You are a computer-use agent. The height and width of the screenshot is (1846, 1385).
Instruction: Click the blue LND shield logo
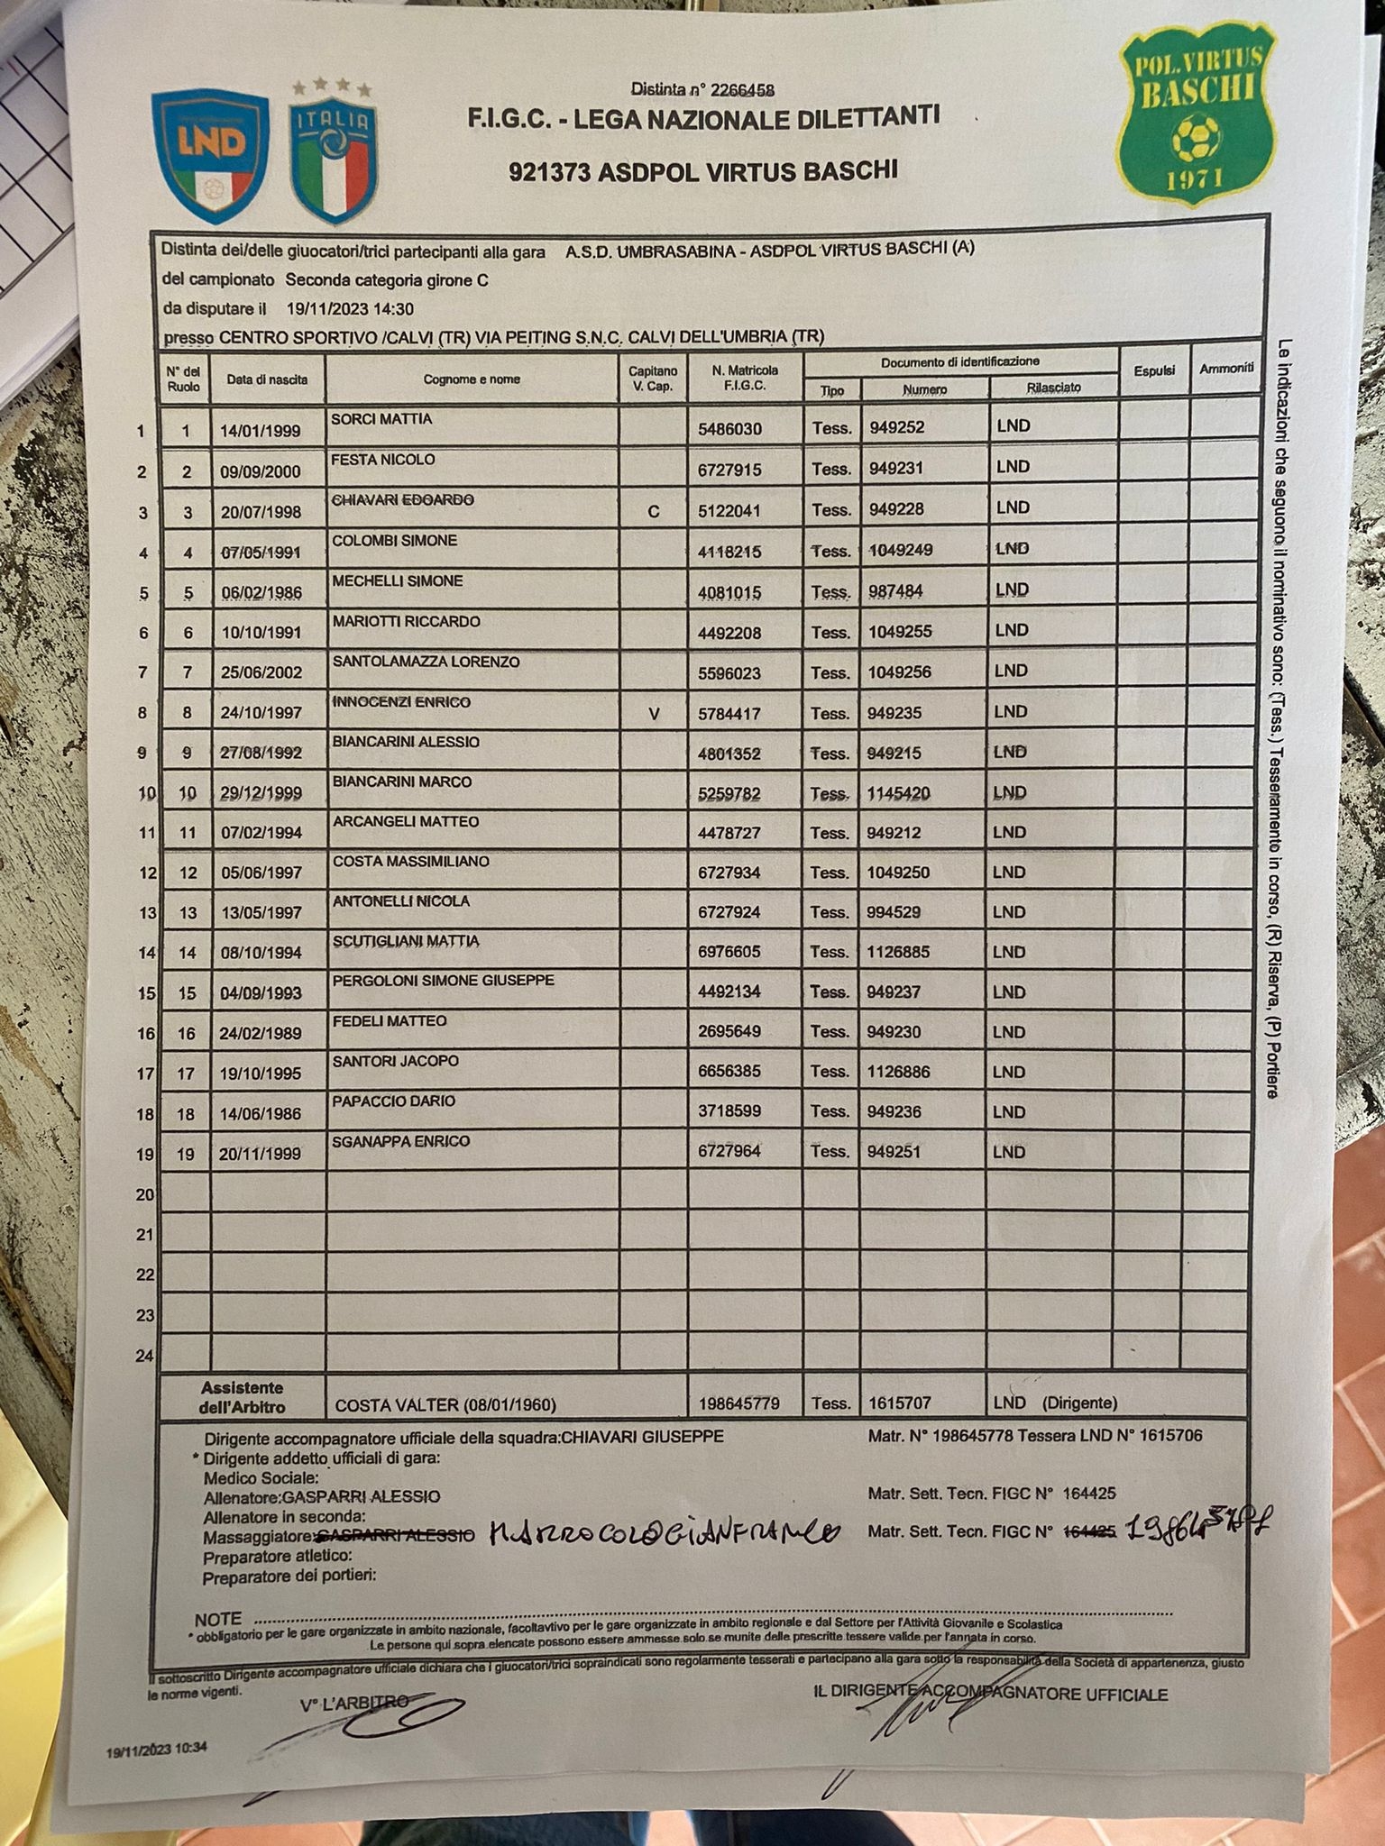click(x=211, y=156)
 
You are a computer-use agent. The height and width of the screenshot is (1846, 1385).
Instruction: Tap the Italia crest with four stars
click(x=334, y=155)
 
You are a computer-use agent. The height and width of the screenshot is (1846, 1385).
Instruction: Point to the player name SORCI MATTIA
click(x=381, y=419)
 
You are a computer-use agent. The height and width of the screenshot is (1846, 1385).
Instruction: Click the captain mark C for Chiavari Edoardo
click(x=654, y=511)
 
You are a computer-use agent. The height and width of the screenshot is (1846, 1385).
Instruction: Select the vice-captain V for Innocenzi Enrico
click(x=654, y=714)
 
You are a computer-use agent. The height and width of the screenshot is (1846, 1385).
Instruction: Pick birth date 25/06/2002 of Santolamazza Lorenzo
click(x=261, y=672)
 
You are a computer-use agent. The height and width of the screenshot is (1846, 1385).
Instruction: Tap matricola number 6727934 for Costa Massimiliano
click(x=729, y=873)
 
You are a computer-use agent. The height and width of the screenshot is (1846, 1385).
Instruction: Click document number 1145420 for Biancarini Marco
click(x=899, y=793)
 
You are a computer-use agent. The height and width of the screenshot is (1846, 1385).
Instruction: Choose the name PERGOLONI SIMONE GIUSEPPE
click(x=443, y=981)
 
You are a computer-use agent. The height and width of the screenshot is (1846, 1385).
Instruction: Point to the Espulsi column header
click(x=1153, y=370)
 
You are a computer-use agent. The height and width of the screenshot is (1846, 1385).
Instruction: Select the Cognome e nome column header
click(x=472, y=379)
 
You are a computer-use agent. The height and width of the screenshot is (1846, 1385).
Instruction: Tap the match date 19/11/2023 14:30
click(x=350, y=309)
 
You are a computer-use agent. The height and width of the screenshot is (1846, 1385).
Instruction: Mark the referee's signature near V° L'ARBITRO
click(x=379, y=1723)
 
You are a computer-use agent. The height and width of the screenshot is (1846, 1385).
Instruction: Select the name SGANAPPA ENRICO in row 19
click(x=401, y=1142)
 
